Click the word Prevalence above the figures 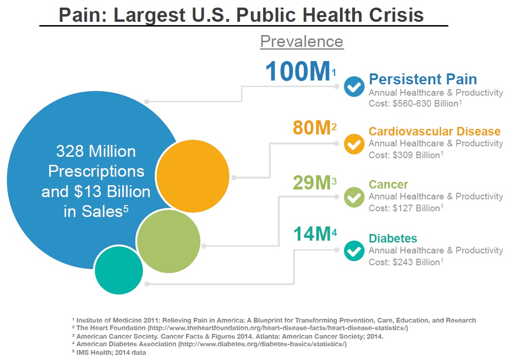[x=302, y=42]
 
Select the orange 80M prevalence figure [x=311, y=128]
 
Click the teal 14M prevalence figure [x=311, y=234]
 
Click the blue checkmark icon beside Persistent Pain [x=354, y=87]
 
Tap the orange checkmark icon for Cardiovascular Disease [x=354, y=144]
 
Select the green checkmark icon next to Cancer [x=354, y=197]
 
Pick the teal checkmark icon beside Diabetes [x=354, y=251]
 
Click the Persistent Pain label [x=423, y=79]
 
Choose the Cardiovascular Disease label [x=435, y=131]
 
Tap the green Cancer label [x=388, y=184]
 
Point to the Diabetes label [x=393, y=238]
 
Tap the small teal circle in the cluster [x=119, y=270]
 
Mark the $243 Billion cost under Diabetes [x=418, y=262]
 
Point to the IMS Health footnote [x=111, y=352]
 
